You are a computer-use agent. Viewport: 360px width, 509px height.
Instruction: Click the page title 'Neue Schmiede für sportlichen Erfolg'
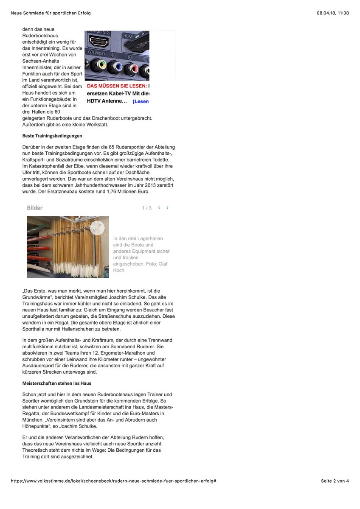[x=51, y=13]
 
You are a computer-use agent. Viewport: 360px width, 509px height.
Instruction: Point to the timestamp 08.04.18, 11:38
[x=332, y=13]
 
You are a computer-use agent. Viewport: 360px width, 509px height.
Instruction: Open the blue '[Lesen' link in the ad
[x=141, y=101]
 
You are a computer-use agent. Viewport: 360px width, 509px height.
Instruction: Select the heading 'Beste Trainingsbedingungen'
[x=52, y=136]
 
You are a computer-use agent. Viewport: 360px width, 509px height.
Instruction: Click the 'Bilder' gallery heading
[x=34, y=208]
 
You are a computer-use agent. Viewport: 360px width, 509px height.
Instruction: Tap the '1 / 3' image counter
[x=147, y=208]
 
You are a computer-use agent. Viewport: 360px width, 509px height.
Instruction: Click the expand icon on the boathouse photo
[x=97, y=227]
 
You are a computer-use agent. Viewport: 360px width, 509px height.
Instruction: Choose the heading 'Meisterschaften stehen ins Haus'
[x=57, y=383]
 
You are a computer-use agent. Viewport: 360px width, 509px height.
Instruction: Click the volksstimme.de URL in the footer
[x=114, y=481]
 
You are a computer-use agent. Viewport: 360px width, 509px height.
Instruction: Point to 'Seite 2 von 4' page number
[x=335, y=481]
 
